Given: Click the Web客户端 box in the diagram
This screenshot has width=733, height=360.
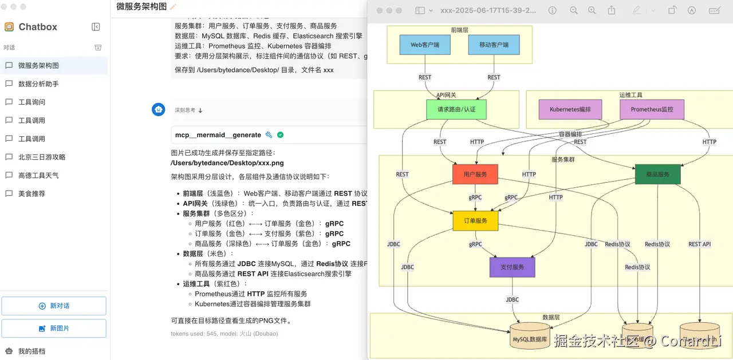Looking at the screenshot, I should coord(425,45).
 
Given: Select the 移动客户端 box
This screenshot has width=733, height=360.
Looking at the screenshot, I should coord(494,45).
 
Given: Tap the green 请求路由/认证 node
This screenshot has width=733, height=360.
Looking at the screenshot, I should coord(456,109).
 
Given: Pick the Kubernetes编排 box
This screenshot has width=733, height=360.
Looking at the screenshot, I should coord(570,109).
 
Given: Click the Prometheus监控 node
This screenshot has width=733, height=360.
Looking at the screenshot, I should coord(652,109).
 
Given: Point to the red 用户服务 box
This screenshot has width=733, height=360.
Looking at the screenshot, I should coord(475,175).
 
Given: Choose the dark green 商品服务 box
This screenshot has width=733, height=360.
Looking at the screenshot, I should coord(657,175).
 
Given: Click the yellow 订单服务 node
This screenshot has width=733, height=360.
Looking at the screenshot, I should coord(475,221).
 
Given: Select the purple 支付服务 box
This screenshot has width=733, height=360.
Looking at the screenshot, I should coord(512,267).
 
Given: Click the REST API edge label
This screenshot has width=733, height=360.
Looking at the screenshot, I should coord(699,244).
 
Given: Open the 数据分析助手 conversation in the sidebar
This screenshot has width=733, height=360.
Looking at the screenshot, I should coord(38,84).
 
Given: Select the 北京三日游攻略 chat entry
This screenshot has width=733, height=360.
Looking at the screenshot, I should coord(42,157).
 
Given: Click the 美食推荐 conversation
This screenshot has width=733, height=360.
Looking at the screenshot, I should coord(31,194).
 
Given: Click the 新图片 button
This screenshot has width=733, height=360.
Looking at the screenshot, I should coord(54,329).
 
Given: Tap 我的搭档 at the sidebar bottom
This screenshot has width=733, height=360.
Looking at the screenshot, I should coord(31,351).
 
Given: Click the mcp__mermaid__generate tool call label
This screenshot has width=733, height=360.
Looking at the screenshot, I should coord(218,135).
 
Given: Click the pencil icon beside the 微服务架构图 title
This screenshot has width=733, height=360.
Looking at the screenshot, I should coord(174,7).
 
